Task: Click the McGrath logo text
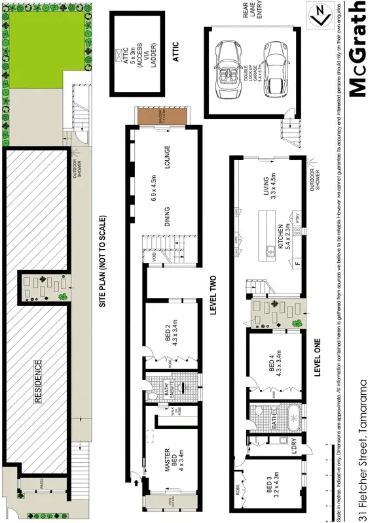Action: pos(356,49)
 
